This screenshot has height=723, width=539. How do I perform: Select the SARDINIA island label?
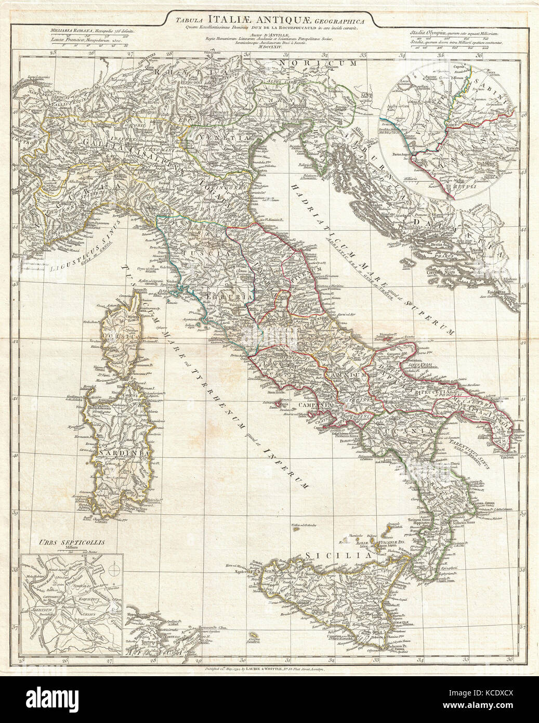click(x=122, y=452)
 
